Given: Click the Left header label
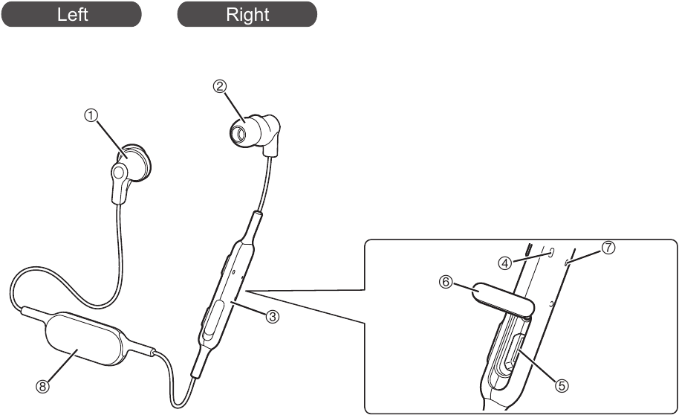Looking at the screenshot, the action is (72, 14).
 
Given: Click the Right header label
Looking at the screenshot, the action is (247, 14).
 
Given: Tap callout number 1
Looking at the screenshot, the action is (91, 115).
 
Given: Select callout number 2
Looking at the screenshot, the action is (220, 86).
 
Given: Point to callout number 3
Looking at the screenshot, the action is (273, 317).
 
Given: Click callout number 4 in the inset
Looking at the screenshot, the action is (504, 263).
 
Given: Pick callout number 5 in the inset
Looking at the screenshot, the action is (562, 385).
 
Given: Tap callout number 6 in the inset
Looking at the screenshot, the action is (446, 282).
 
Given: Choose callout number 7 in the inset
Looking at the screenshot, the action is (608, 247).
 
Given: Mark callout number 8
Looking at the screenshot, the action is (42, 386).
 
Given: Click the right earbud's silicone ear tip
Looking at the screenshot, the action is (244, 129).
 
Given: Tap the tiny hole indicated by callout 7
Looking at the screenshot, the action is (568, 261).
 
